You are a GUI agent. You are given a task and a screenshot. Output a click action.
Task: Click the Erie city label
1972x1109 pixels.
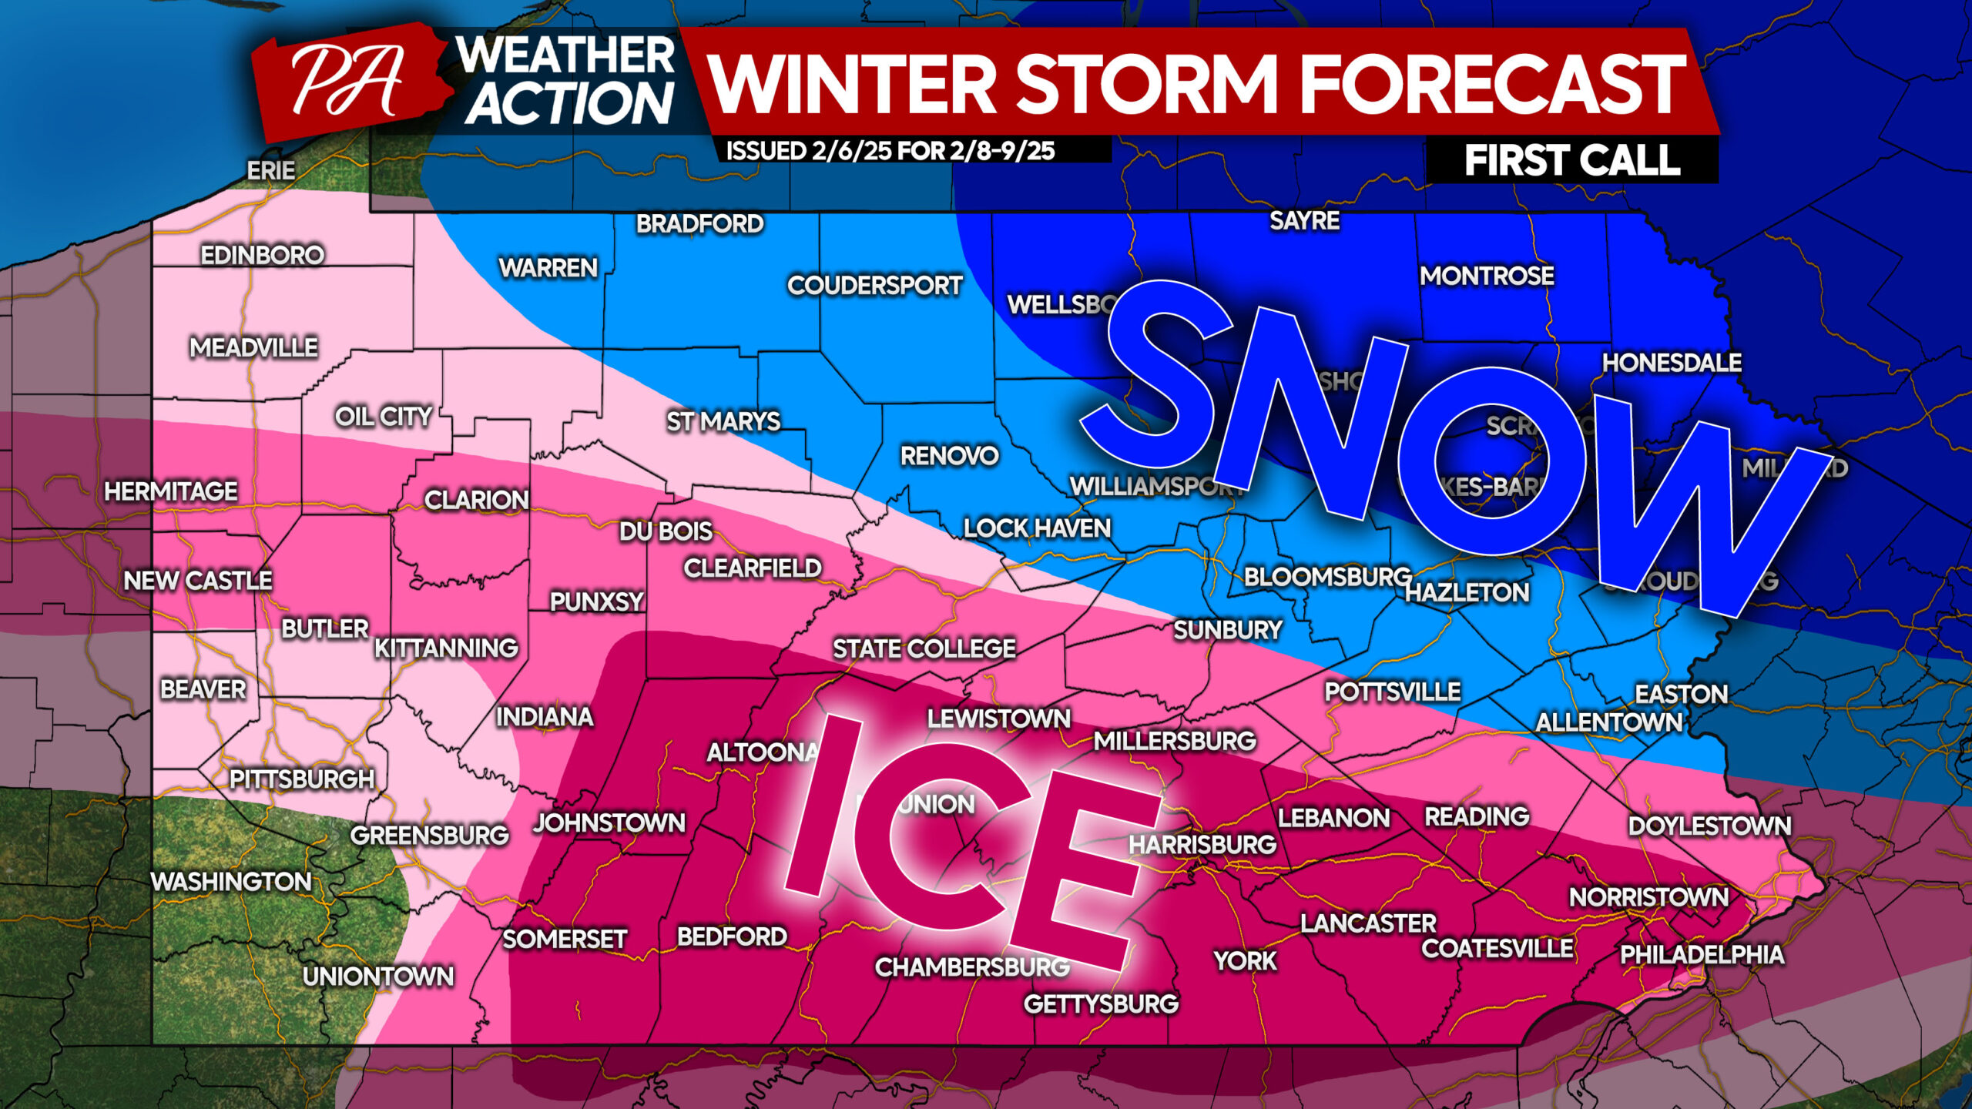click(270, 170)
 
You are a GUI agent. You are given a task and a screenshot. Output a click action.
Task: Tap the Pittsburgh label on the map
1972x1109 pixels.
click(302, 779)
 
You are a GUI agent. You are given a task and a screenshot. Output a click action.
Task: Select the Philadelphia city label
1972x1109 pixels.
click(1702, 955)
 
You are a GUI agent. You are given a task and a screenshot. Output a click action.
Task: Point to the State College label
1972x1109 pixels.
click(924, 648)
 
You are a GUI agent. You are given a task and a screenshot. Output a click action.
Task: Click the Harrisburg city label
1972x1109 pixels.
click(1202, 844)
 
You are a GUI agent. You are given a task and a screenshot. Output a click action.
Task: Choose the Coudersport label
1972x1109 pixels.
click(874, 286)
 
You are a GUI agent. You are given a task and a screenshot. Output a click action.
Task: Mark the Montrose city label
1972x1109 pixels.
click(1487, 276)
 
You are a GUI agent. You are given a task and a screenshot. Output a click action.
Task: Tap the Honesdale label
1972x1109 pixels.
click(1672, 363)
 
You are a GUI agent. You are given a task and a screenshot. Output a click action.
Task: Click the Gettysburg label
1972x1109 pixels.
click(1101, 1003)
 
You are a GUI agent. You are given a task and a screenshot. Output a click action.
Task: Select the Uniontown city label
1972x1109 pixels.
click(378, 977)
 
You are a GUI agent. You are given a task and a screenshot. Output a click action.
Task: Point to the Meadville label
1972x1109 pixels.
click(253, 347)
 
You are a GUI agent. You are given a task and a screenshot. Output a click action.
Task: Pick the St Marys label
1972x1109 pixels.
click(723, 421)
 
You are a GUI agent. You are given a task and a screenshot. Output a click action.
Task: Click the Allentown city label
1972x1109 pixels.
click(1608, 722)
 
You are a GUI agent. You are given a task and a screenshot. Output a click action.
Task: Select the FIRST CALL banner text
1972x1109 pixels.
click(1571, 161)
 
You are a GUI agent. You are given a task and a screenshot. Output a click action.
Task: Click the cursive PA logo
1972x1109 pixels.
click(348, 81)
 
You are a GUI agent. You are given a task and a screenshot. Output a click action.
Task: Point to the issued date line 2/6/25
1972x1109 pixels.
click(890, 150)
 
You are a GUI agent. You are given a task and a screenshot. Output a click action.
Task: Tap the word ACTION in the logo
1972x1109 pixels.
click(568, 103)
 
